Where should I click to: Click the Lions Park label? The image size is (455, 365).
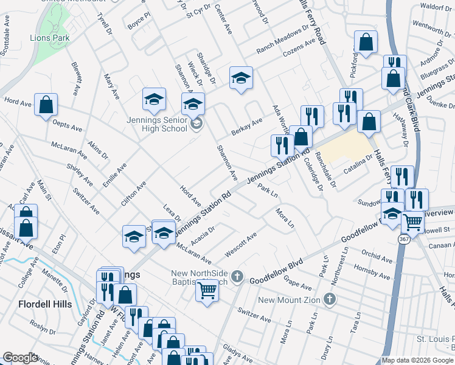50,38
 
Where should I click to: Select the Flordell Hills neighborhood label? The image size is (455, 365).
45,304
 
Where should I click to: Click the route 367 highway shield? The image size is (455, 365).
404,240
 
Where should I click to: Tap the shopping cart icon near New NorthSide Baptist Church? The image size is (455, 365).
207,291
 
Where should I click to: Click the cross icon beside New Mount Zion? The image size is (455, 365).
329,299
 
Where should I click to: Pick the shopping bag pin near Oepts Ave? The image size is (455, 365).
46,105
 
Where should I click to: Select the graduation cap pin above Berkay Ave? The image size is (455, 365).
241,78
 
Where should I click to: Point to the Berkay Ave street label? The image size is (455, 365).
246,127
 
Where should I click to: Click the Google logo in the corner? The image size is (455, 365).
20,358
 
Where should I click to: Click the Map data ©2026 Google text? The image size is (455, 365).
417,360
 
